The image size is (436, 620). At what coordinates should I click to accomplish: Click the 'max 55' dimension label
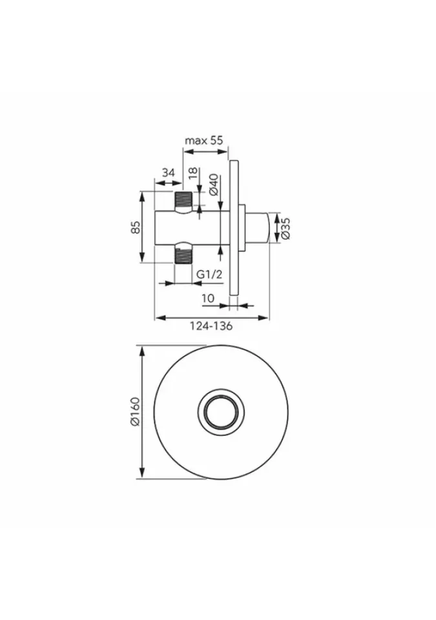[x=204, y=140]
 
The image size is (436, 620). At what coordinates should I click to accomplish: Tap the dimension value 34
[x=168, y=172]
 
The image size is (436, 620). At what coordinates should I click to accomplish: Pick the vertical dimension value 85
[x=136, y=227]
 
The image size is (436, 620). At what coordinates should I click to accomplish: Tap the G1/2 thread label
[x=209, y=274]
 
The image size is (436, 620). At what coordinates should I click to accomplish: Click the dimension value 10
[x=208, y=298]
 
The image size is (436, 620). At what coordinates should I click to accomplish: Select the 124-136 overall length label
[x=211, y=326]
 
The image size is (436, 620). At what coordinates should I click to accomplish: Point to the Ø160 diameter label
[x=135, y=411]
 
